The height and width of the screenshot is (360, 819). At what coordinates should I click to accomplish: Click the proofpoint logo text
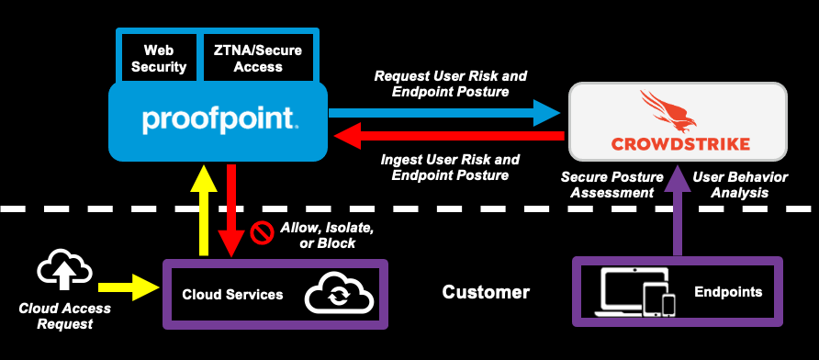[x=219, y=120]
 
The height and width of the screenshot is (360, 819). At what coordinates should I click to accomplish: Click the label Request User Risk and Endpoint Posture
[x=450, y=84]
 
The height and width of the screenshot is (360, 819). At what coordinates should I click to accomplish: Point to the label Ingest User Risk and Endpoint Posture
[x=450, y=167]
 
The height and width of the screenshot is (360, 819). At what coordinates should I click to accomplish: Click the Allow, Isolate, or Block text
[x=325, y=234]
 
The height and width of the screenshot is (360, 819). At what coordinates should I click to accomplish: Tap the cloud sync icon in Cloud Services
[x=339, y=295]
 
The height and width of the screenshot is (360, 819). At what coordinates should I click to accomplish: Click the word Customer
[x=486, y=293]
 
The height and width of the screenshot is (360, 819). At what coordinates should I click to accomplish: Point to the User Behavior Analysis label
[x=737, y=184]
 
